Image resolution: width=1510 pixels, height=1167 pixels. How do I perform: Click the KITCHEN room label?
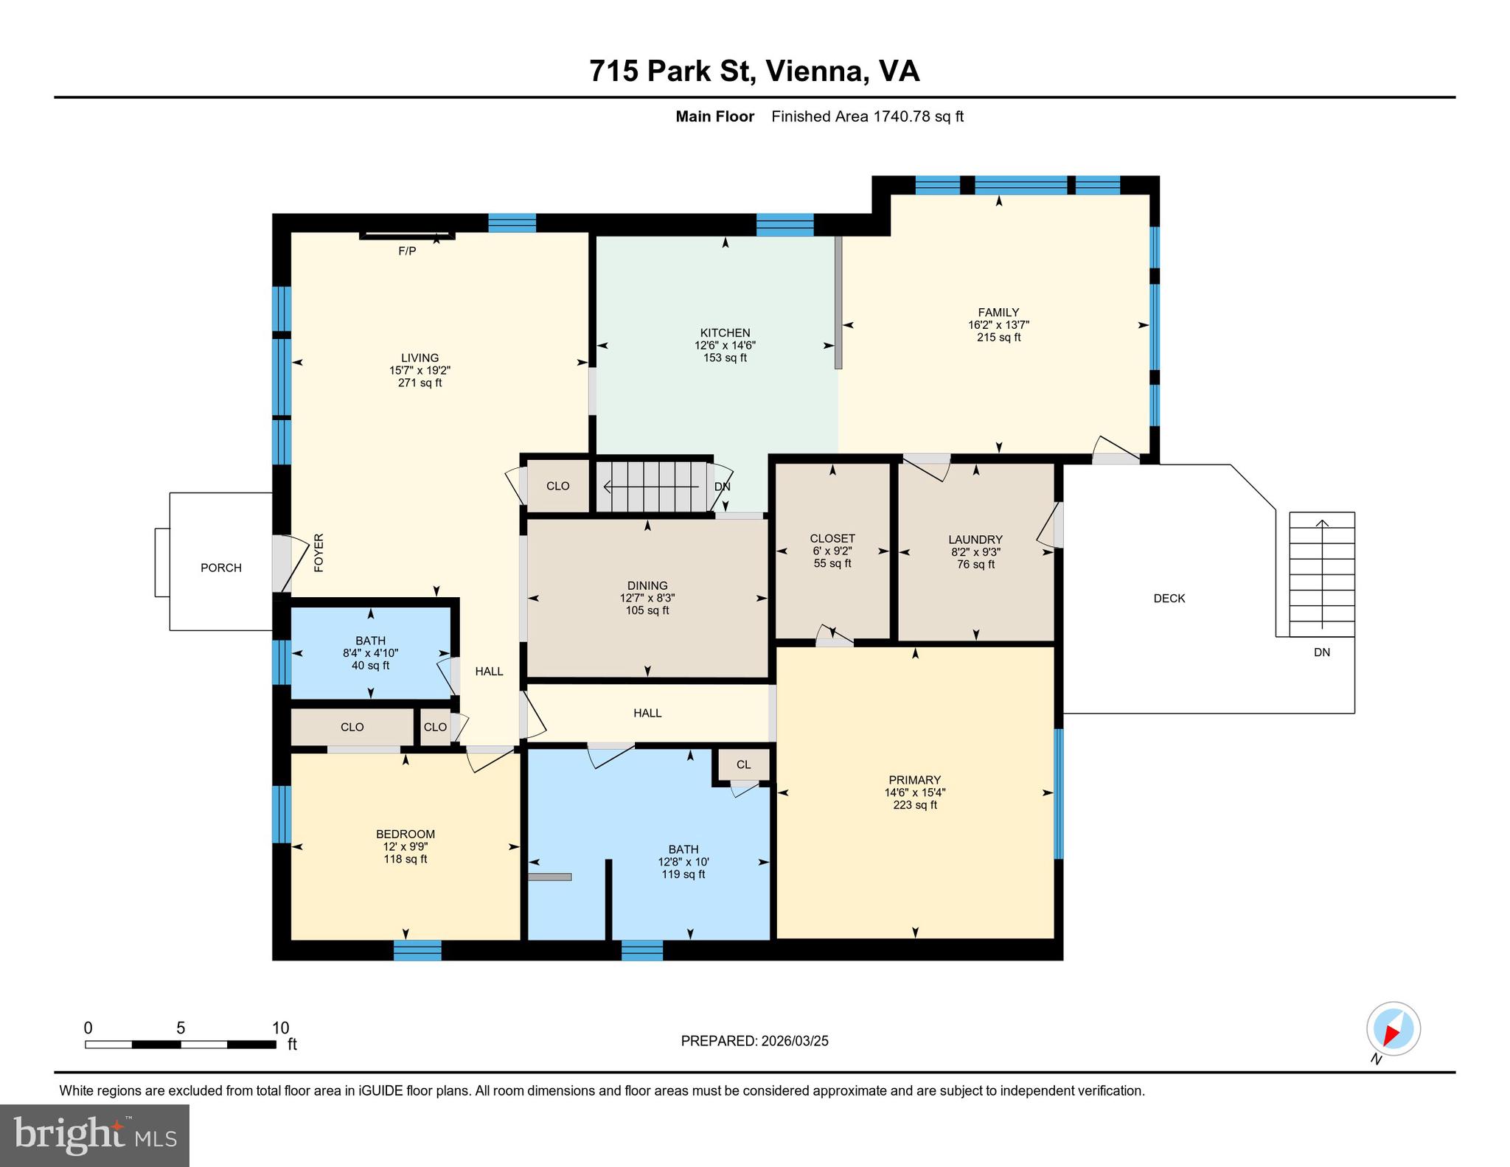click(725, 332)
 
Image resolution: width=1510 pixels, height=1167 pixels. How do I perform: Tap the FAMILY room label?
click(998, 312)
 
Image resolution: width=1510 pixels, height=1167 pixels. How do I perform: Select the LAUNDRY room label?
click(975, 540)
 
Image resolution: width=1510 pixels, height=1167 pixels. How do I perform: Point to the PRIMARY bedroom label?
click(914, 780)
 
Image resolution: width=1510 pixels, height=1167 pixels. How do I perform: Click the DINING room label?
click(647, 586)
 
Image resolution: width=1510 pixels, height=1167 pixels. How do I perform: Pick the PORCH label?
click(221, 568)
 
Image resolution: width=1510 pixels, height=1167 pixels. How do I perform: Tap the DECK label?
click(1169, 599)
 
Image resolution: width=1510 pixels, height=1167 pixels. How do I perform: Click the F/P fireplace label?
click(407, 251)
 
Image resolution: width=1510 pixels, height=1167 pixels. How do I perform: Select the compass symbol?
click(1393, 1029)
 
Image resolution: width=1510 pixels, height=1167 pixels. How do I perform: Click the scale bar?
click(181, 1044)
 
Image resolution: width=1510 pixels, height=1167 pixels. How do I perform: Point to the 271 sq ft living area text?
click(420, 383)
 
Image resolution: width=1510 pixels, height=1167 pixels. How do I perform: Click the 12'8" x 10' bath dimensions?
click(683, 862)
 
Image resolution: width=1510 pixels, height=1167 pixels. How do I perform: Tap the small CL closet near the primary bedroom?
click(743, 764)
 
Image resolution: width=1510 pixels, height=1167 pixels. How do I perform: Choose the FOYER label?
click(319, 553)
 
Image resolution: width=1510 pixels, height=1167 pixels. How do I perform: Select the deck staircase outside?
click(1322, 574)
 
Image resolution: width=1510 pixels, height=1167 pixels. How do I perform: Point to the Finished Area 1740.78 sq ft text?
click(867, 116)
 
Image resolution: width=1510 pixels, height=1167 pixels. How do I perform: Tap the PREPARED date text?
click(754, 1041)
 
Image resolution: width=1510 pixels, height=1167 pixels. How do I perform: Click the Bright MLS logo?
click(95, 1135)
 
